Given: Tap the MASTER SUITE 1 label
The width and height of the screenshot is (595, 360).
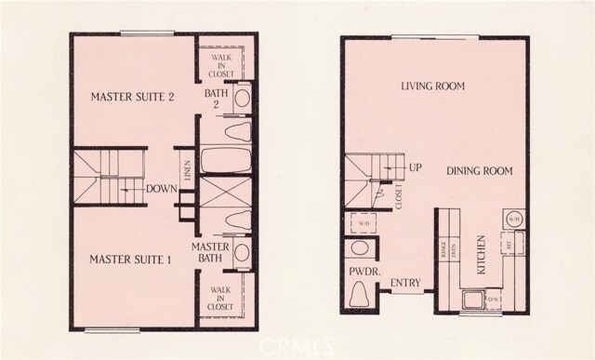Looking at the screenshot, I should tap(130, 260).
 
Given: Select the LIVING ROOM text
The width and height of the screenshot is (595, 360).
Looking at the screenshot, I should tap(432, 87).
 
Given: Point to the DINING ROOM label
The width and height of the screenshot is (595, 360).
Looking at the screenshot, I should tap(479, 171).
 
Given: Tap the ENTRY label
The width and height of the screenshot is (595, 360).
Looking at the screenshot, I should tap(406, 283).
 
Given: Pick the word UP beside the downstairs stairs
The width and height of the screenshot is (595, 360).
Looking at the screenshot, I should tap(416, 169).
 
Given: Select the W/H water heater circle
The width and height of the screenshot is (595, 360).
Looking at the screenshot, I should tap(513, 220).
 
